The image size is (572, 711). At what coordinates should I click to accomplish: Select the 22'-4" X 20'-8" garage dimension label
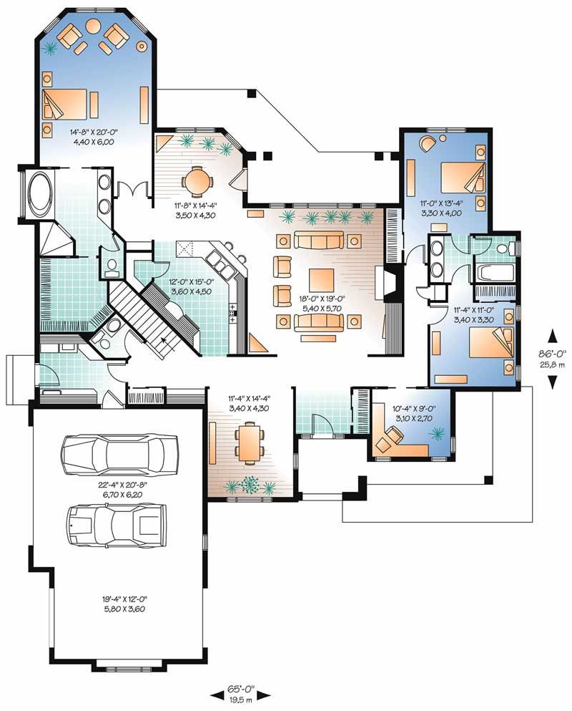point(118,489)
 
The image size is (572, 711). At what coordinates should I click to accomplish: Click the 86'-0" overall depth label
point(552,359)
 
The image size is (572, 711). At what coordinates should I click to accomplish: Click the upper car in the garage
point(119,453)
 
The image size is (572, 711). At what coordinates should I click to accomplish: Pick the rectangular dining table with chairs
point(248,442)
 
